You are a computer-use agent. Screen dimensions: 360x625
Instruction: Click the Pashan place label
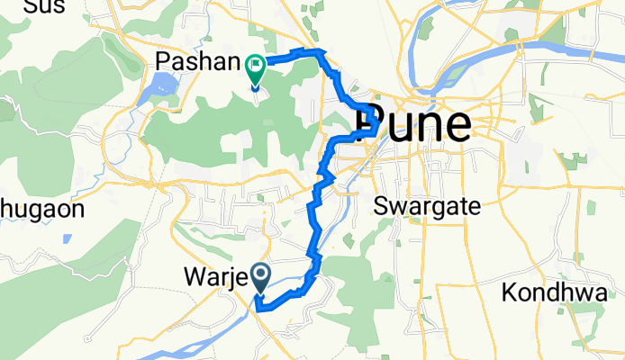click(x=193, y=63)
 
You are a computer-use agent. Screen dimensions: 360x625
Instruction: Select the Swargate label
click(x=427, y=205)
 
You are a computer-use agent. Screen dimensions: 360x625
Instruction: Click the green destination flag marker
click(x=255, y=65)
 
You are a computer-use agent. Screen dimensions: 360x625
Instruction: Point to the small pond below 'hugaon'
click(x=68, y=239)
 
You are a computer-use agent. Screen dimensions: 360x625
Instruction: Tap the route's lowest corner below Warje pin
click(x=258, y=308)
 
